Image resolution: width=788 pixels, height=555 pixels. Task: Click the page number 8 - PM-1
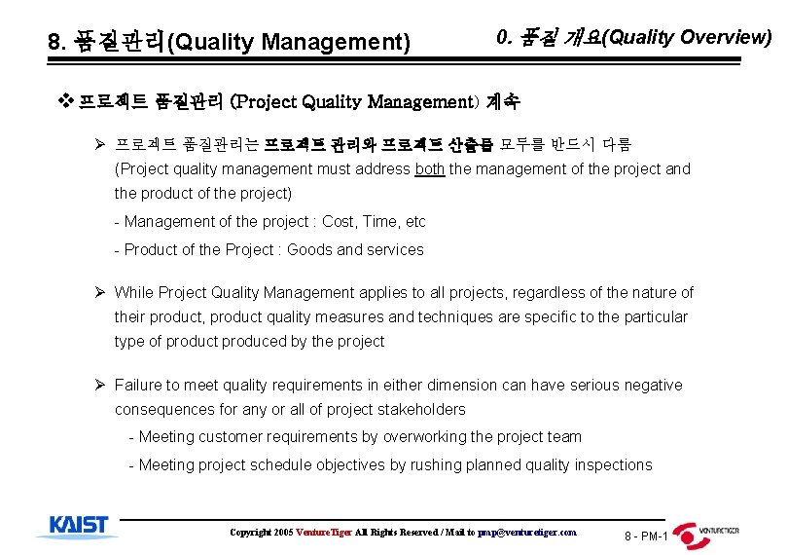[x=646, y=536]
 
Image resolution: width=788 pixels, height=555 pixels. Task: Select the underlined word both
[x=430, y=168]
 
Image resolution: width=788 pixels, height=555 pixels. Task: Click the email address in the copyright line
[x=527, y=533]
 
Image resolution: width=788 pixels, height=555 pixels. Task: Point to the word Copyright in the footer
[x=250, y=533]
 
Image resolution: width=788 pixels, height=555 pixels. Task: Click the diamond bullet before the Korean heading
[x=66, y=100]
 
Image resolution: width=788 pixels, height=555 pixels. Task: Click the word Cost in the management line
[x=339, y=221]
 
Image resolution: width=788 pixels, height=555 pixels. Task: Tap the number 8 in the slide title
[x=54, y=43]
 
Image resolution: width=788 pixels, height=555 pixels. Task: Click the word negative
[x=652, y=385]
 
